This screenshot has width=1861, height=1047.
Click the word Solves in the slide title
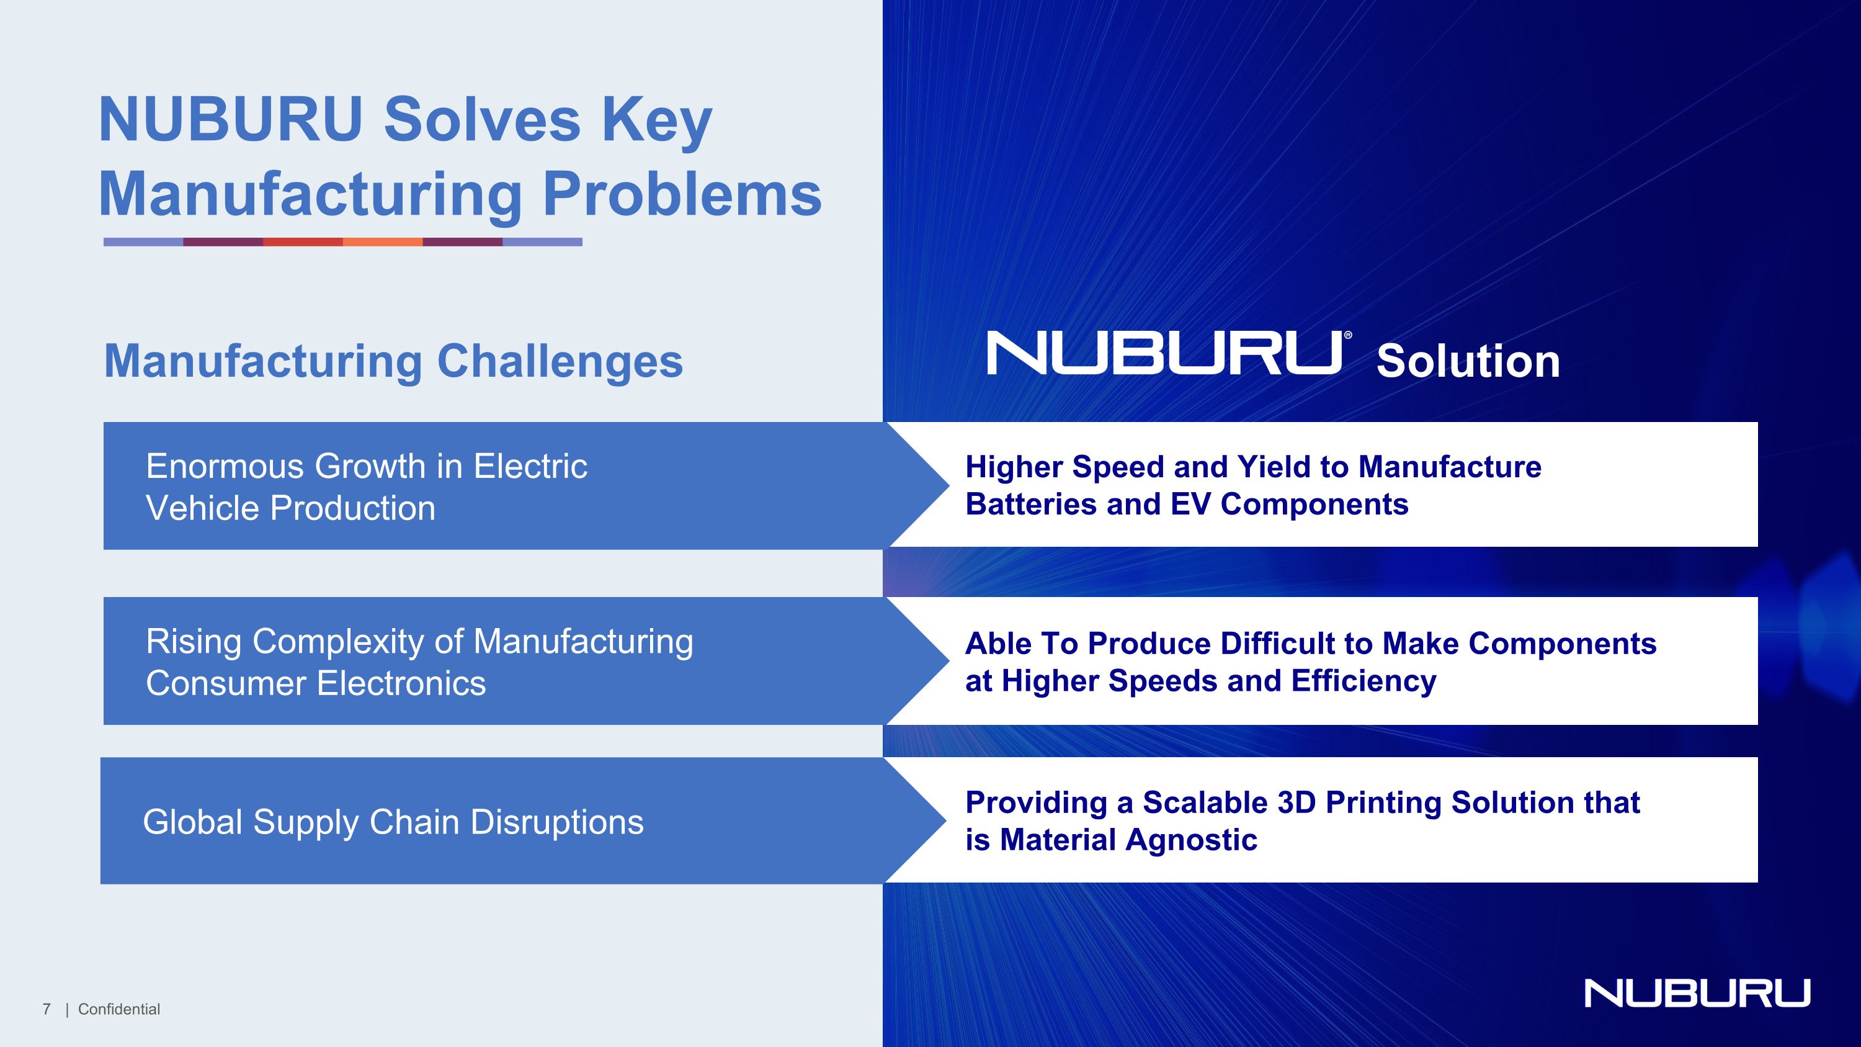pyautogui.click(x=482, y=120)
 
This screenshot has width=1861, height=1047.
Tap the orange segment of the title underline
pyautogui.click(x=382, y=242)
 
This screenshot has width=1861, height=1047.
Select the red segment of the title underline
pyautogui.click(x=303, y=242)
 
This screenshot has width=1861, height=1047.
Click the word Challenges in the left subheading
pyautogui.click(x=560, y=361)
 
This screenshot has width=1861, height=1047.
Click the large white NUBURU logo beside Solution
pyautogui.click(x=1164, y=353)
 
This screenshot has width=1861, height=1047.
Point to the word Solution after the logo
pyautogui.click(x=1467, y=361)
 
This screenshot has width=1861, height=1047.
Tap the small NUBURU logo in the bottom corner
pyautogui.click(x=1697, y=993)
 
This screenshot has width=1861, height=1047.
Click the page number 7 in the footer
pyautogui.click(x=47, y=1009)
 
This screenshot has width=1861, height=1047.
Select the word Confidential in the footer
pyautogui.click(x=119, y=1009)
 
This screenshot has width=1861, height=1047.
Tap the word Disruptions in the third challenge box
pyautogui.click(x=557, y=822)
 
